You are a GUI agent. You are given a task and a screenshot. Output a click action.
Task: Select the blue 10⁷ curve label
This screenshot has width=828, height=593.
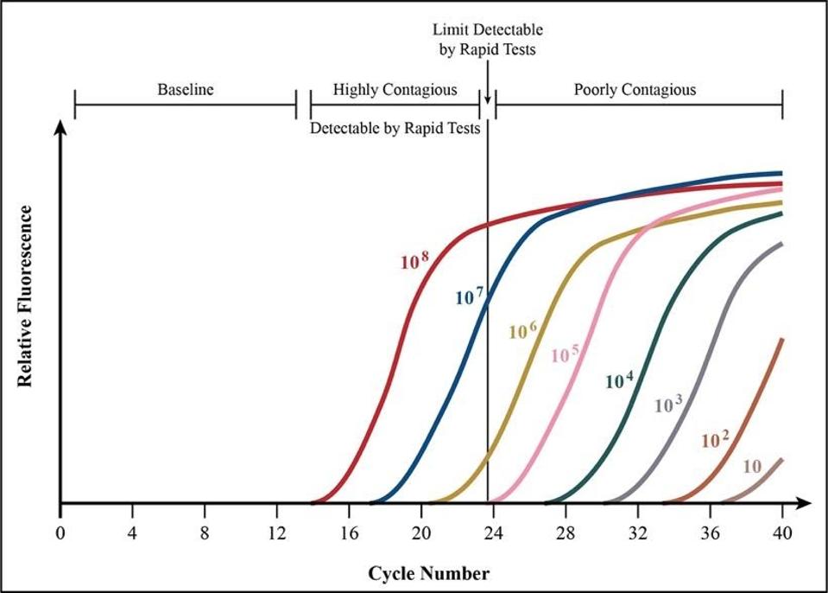[x=470, y=296]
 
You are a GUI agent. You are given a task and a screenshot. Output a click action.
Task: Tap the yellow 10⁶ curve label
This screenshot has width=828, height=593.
[x=523, y=330]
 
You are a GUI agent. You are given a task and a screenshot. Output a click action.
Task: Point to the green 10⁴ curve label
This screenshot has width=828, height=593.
[x=619, y=379]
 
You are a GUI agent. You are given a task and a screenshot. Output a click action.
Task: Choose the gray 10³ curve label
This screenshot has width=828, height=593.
[x=669, y=403]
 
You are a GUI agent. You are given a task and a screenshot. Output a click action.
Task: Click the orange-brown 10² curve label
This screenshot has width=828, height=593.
[x=715, y=440]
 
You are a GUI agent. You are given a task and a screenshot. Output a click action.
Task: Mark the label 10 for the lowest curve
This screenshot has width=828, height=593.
[x=751, y=467]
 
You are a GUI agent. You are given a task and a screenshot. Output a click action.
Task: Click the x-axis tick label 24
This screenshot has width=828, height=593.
[x=493, y=532]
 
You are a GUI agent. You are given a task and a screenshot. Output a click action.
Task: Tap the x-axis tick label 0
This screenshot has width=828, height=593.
[x=60, y=532]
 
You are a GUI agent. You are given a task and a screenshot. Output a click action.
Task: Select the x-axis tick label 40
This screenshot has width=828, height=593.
[x=782, y=532]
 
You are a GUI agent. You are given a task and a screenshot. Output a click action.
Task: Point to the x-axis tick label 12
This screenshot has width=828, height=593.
[x=276, y=532]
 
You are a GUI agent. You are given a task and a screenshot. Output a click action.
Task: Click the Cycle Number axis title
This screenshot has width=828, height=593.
[x=429, y=573]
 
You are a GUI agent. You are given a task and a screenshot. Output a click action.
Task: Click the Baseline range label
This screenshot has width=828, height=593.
[x=185, y=89]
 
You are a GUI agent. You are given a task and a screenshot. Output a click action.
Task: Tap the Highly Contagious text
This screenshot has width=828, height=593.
[x=395, y=89]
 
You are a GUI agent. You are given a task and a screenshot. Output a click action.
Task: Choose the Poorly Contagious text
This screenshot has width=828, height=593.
[x=635, y=89]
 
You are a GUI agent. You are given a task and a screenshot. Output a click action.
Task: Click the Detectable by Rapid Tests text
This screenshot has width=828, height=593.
[x=395, y=128]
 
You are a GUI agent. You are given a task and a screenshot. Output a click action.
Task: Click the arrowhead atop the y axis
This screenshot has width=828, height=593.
[x=60, y=128]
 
